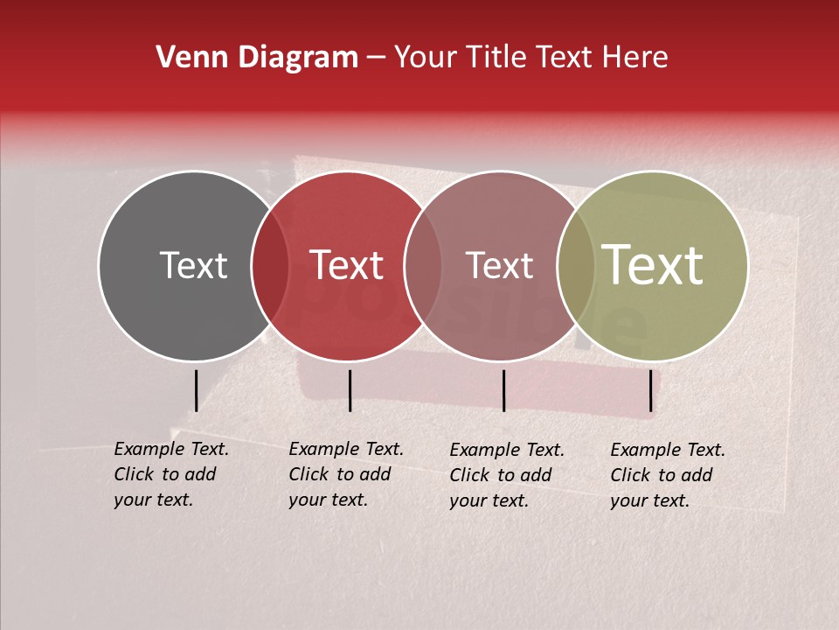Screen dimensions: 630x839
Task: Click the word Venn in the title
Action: pyautogui.click(x=188, y=57)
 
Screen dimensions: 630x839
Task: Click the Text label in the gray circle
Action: pyautogui.click(x=193, y=265)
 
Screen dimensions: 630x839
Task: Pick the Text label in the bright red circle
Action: pyautogui.click(x=347, y=265)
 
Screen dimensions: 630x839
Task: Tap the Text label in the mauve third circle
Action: pyautogui.click(x=499, y=265)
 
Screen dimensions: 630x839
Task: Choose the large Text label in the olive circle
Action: pyautogui.click(x=653, y=265)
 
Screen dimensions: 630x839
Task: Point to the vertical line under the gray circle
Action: pyautogui.click(x=196, y=390)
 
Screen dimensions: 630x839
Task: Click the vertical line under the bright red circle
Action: pyautogui.click(x=350, y=390)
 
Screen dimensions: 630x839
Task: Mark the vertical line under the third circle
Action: pyautogui.click(x=503, y=390)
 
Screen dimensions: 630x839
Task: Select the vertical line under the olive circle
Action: pyautogui.click(x=650, y=390)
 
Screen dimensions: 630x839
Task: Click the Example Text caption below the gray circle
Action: pyautogui.click(x=171, y=474)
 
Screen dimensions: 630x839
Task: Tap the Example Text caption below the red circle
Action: pyautogui.click(x=346, y=474)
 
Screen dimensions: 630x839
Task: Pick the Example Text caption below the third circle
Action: pyautogui.click(x=507, y=475)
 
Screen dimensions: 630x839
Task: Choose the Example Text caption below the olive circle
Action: pyautogui.click(x=668, y=475)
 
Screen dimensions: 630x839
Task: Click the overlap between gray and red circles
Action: pyautogui.click(x=270, y=266)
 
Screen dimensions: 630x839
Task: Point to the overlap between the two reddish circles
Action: pyautogui.click(x=423, y=266)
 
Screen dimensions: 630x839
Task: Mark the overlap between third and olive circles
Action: pyautogui.click(x=576, y=266)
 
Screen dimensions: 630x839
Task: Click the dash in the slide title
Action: pyautogui.click(x=376, y=58)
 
